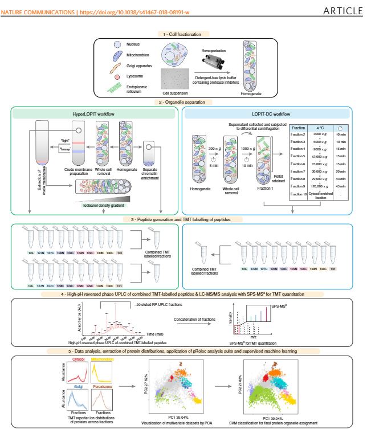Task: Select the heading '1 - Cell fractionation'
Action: [185, 35]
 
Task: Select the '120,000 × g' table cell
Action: [320, 185]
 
